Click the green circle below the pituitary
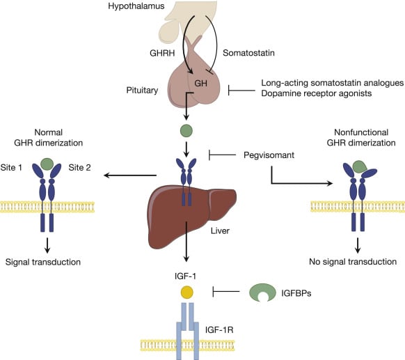point(186,130)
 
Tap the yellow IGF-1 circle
point(186,292)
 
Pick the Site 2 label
point(81,168)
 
